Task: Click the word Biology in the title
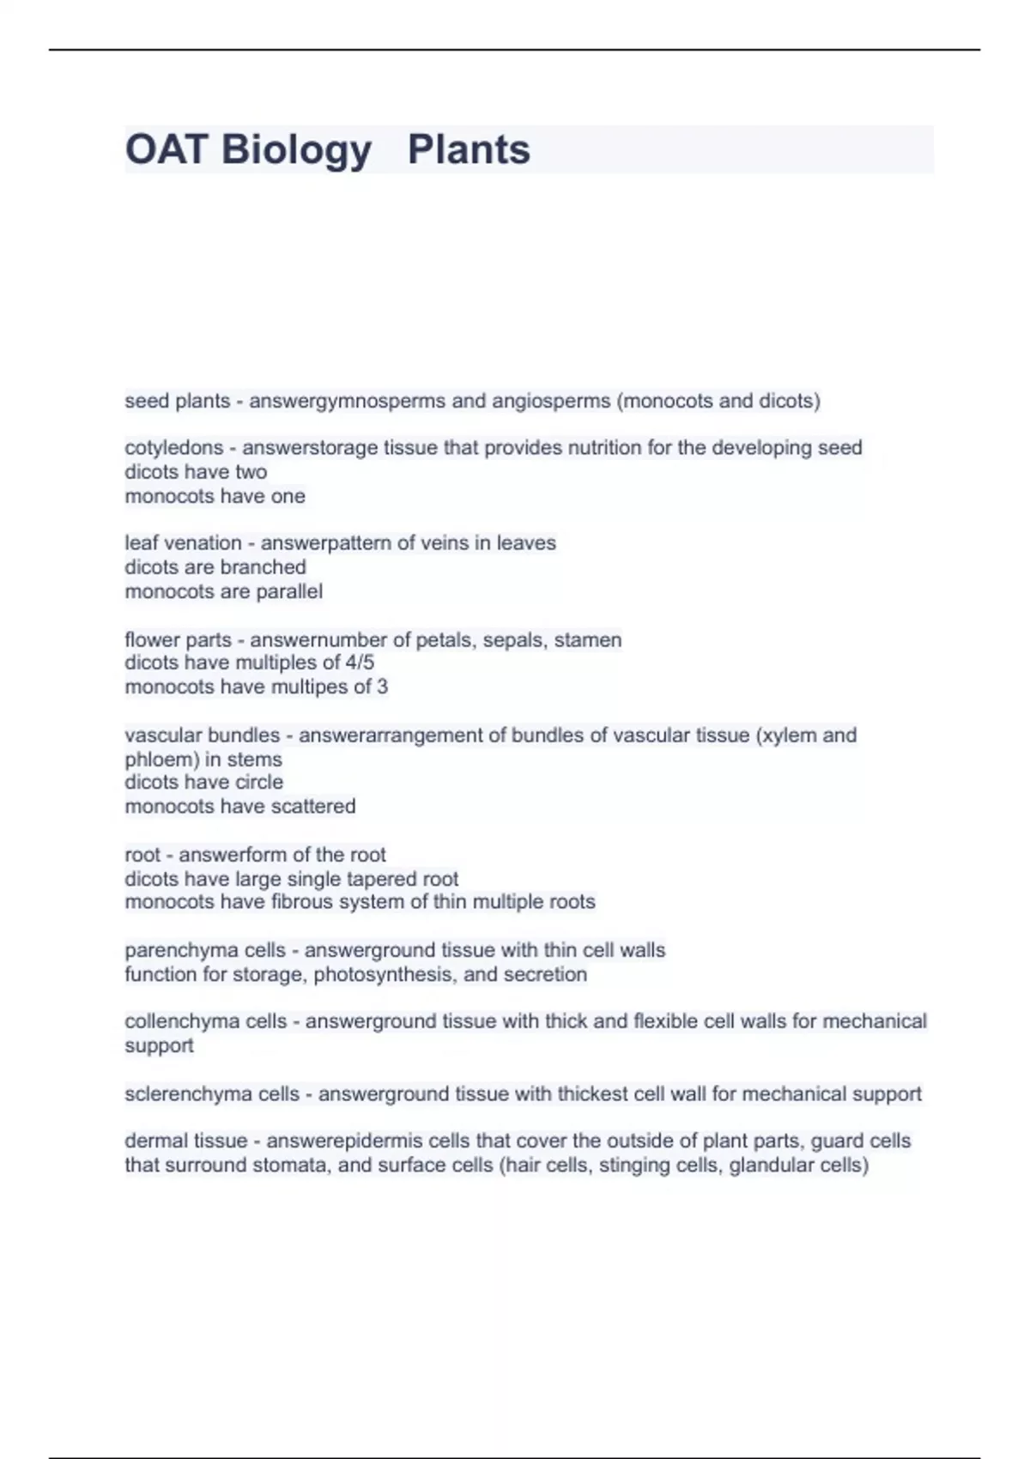coord(296,150)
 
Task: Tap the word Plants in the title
coord(469,150)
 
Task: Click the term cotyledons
coord(173,448)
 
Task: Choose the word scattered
coord(312,807)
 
